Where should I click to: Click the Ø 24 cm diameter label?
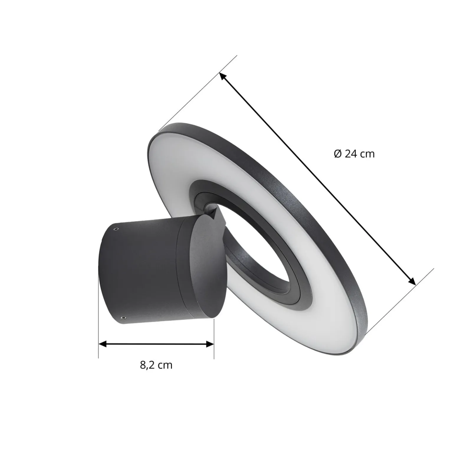(x=354, y=154)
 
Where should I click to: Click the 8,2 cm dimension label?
(x=156, y=365)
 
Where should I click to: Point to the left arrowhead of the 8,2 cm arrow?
(x=102, y=344)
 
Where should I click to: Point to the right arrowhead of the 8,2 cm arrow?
(x=210, y=344)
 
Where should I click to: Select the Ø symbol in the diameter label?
(x=338, y=154)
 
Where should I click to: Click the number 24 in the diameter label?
(x=351, y=154)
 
